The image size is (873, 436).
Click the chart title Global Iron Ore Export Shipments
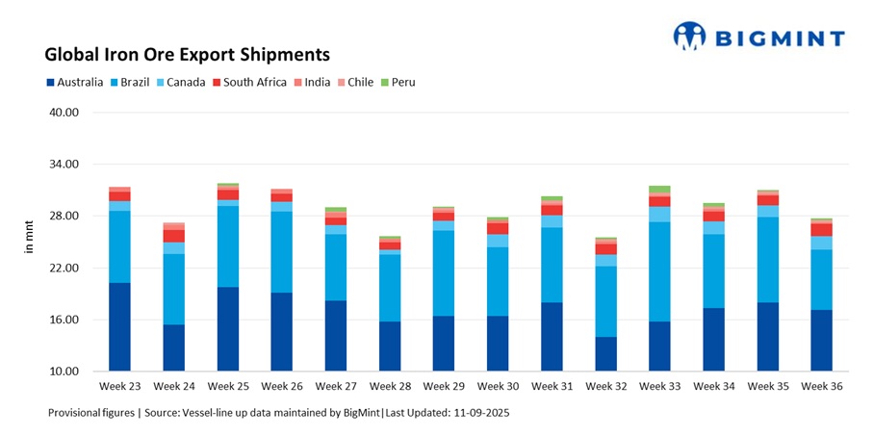pyautogui.click(x=187, y=54)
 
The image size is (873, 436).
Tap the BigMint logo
pyautogui.click(x=759, y=38)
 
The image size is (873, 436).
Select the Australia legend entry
pyautogui.click(x=74, y=82)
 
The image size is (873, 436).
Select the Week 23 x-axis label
pyautogui.click(x=119, y=386)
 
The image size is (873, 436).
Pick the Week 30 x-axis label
pyautogui.click(x=498, y=386)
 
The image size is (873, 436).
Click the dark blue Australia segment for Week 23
pyautogui.click(x=119, y=327)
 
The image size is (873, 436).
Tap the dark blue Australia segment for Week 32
pyautogui.click(x=605, y=353)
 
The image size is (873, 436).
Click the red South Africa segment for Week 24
pyautogui.click(x=173, y=236)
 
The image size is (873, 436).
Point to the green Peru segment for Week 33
pyautogui.click(x=659, y=189)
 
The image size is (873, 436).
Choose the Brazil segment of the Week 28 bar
pyautogui.click(x=390, y=288)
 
